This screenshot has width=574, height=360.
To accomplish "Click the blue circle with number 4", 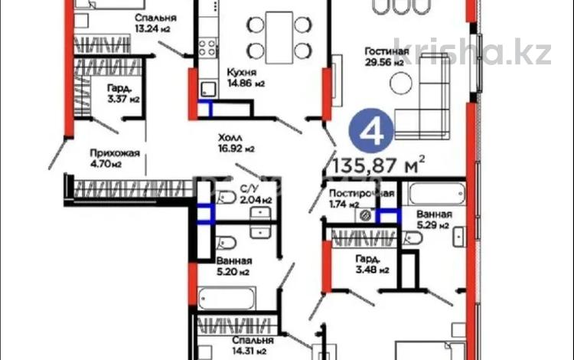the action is pyautogui.click(x=371, y=130).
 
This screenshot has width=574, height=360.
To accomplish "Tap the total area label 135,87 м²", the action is pyautogui.click(x=379, y=165).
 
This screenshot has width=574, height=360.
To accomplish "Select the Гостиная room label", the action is pyautogui.click(x=386, y=57).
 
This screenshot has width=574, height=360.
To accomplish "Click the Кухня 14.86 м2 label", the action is pyautogui.click(x=245, y=77).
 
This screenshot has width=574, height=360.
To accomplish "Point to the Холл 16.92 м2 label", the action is pyautogui.click(x=236, y=143).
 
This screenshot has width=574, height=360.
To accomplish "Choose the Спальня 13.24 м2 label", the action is pyautogui.click(x=155, y=23).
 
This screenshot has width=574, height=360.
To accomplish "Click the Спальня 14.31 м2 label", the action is pyautogui.click(x=253, y=345).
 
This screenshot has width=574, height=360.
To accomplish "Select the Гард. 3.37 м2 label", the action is pyautogui.click(x=123, y=93).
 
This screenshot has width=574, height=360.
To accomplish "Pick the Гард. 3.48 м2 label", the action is pyautogui.click(x=372, y=264).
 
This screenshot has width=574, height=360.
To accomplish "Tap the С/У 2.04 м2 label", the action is pyautogui.click(x=256, y=195).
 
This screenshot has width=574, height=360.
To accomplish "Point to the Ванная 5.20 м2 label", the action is pyautogui.click(x=234, y=267).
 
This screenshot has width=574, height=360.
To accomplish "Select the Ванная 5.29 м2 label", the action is pyautogui.click(x=434, y=220).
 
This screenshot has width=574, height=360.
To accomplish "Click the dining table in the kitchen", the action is pyautogui.click(x=279, y=38).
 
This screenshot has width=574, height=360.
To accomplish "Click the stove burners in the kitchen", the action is pyautogui.click(x=207, y=48).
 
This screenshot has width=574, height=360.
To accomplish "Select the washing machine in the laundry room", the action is pyautogui.click(x=364, y=215).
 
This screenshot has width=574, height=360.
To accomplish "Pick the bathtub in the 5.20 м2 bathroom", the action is pyautogui.click(x=227, y=298).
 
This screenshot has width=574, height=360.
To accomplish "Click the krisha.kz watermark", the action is pyautogui.click(x=472, y=51).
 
